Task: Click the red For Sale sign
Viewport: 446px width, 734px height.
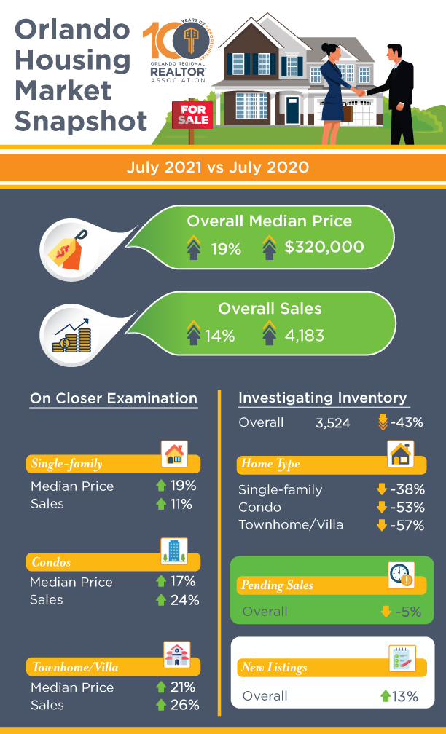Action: coord(190,114)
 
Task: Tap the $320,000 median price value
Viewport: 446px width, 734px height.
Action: coord(324,247)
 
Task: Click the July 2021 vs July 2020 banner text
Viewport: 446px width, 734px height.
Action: coord(217,167)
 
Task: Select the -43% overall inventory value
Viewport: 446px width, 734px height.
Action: coord(408,422)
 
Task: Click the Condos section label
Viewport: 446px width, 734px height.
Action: coord(52,562)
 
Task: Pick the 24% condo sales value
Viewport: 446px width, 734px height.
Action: coord(184,600)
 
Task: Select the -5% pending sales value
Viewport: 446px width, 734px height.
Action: coord(407,612)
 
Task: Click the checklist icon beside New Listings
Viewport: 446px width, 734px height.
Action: coord(402,658)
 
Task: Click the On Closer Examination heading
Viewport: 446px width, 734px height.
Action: coord(113,398)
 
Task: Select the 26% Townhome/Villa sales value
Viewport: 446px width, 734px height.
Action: coord(184,705)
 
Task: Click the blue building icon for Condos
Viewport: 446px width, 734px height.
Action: coord(173,551)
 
